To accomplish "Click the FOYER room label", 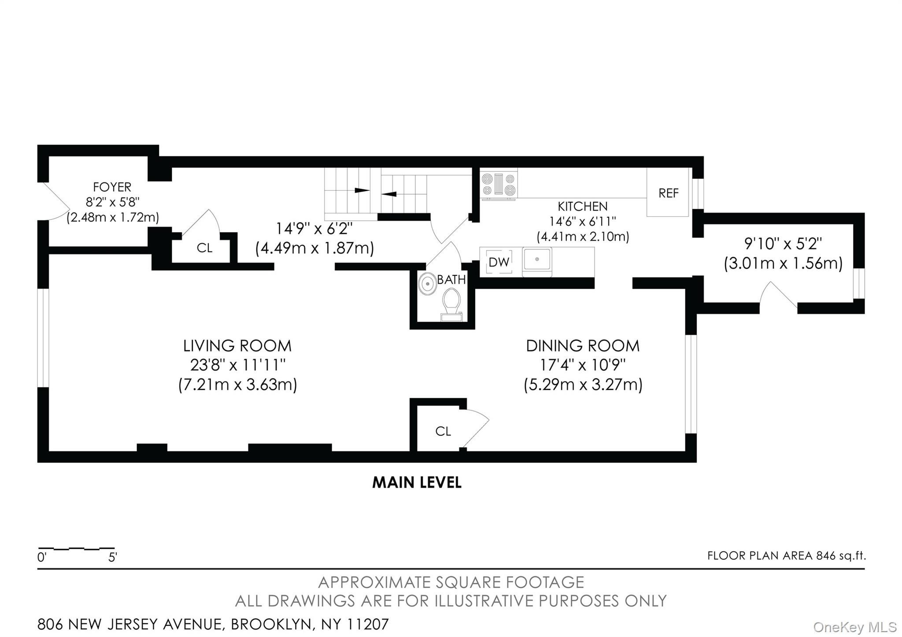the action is tap(112, 187).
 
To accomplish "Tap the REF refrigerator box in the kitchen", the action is tap(668, 193).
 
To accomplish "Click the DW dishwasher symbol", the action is tap(499, 262).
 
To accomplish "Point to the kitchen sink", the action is tap(537, 262).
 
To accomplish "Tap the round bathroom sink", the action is tap(427, 284).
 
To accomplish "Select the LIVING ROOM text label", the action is tap(237, 346).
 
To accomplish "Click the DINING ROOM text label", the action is tap(583, 346).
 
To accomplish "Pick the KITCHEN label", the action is tap(583, 206).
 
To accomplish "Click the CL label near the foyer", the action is tap(204, 248).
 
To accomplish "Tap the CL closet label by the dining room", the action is tap(443, 431).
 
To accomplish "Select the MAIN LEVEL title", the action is tap(417, 482).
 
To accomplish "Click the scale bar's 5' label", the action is tap(113, 557).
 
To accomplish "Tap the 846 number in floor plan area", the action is tap(826, 556).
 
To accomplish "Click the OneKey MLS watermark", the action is tap(855, 626).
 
